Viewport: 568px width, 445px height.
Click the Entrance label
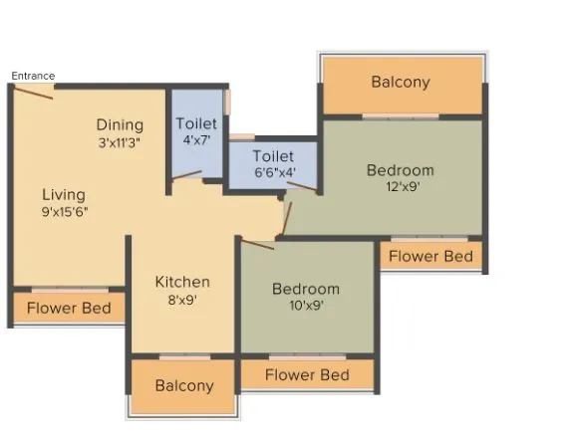[x=33, y=76]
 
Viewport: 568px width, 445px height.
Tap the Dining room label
[x=120, y=124]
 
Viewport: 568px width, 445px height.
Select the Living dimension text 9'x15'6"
[x=66, y=211]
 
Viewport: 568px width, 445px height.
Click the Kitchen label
[x=182, y=282]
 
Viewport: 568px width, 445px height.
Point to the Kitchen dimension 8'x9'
[x=182, y=299]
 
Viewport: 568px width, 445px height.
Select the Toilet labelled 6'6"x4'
[x=273, y=156]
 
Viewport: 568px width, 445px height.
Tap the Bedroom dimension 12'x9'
[x=401, y=186]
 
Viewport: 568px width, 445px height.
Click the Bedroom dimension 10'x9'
[x=306, y=306]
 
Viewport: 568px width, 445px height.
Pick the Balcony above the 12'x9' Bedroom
[x=401, y=82]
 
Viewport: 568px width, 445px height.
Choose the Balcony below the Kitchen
[x=184, y=385]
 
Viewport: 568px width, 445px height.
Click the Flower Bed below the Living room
[x=69, y=308]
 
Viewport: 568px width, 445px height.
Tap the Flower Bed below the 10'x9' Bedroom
[x=307, y=374]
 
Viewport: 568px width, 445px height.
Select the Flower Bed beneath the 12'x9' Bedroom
[x=430, y=256]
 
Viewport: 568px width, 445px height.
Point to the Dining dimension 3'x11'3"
[x=120, y=142]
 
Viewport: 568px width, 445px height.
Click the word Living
[x=64, y=194]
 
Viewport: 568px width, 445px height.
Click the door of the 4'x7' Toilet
[x=186, y=176]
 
